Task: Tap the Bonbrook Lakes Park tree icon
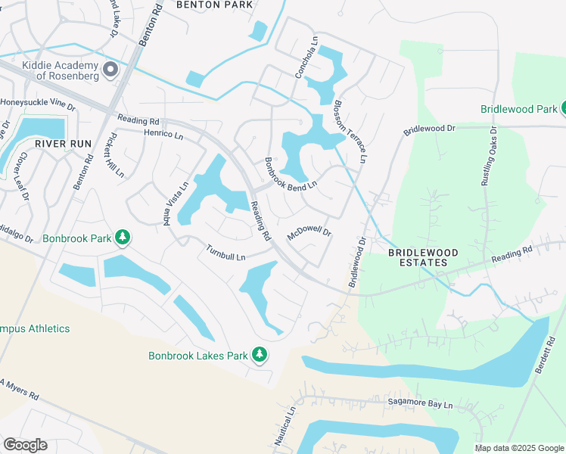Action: point(260,354)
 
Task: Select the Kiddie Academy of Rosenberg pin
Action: point(110,71)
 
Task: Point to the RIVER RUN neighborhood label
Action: point(63,143)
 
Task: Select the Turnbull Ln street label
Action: point(225,252)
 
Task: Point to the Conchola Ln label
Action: point(306,59)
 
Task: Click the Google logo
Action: point(25,445)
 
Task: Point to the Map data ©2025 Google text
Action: point(518,448)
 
